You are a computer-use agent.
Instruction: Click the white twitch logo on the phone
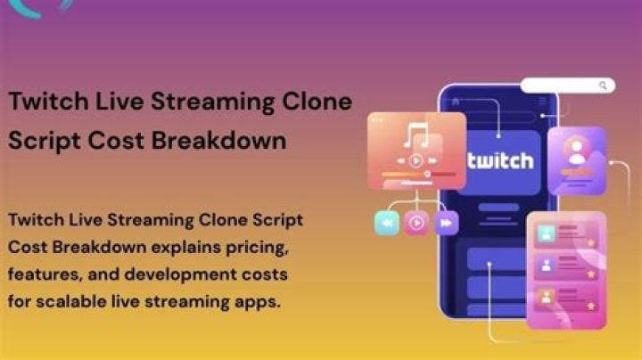click(500, 160)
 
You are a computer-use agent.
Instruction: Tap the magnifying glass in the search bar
click(603, 86)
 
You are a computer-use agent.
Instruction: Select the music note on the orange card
click(416, 135)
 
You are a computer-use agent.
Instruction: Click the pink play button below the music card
click(416, 223)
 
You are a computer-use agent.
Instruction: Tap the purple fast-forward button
click(447, 223)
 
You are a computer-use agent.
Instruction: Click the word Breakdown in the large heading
click(218, 141)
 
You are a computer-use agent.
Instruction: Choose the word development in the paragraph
click(180, 275)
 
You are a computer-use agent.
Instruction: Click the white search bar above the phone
click(568, 86)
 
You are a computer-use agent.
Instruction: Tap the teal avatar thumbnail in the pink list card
click(546, 233)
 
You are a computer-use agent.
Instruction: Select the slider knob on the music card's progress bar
click(427, 175)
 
